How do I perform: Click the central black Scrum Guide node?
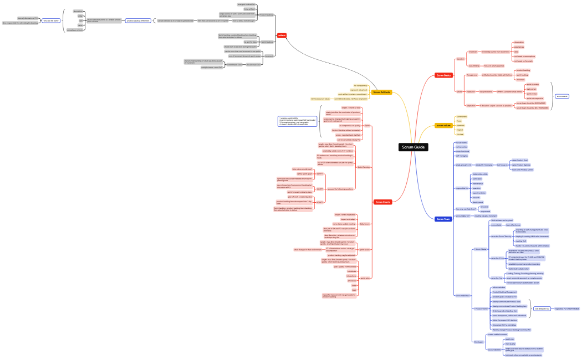tap(413, 147)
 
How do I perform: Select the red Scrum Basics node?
tap(443, 75)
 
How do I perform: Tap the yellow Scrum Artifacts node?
tap(381, 92)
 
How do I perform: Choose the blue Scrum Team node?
tap(443, 219)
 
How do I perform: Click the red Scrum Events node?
tap(382, 202)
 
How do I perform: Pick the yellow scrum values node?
tap(443, 126)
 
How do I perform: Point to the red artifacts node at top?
tap(282, 35)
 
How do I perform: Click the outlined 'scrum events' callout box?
tap(562, 96)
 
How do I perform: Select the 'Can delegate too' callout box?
tap(543, 308)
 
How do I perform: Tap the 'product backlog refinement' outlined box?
tap(138, 20)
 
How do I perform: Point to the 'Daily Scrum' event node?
tap(365, 224)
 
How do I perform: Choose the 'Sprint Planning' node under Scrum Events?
tap(364, 167)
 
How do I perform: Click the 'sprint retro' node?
tap(365, 278)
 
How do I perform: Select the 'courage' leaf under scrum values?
tap(460, 133)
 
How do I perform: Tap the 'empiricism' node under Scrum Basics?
tap(473, 52)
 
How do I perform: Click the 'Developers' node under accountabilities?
tap(478, 341)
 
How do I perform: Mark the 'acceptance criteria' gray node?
tap(75, 30)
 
